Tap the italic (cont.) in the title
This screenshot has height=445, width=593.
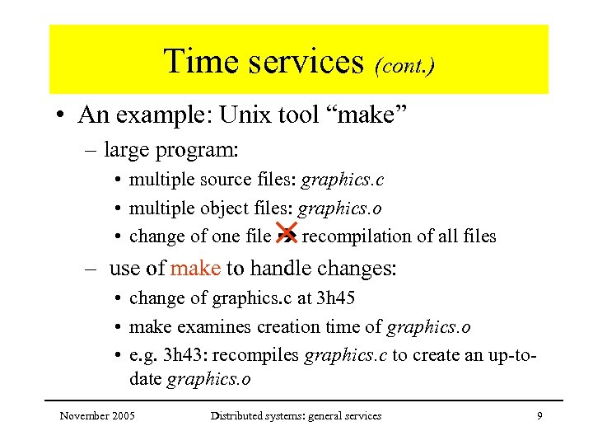click(404, 64)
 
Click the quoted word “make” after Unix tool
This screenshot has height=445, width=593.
click(371, 115)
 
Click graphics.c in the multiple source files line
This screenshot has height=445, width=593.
click(343, 180)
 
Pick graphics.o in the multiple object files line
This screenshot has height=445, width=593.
click(339, 208)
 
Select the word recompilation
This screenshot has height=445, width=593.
click(357, 237)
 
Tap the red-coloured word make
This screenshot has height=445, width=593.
click(195, 268)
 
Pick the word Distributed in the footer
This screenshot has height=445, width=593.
click(238, 416)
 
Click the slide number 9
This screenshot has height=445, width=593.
click(539, 416)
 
